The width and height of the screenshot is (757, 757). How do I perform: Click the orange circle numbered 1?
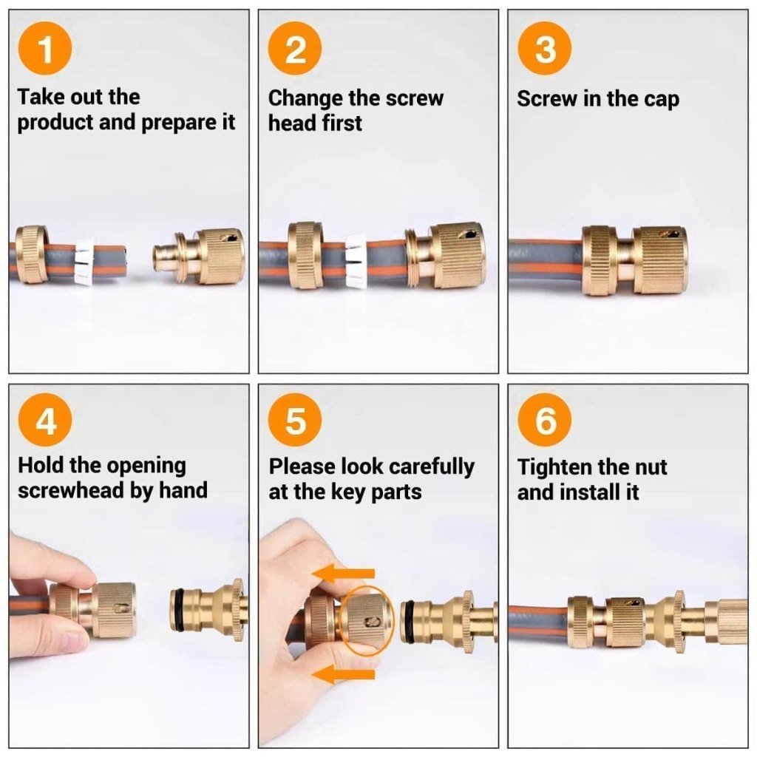pos(45,50)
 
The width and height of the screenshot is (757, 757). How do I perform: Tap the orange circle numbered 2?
pos(295,50)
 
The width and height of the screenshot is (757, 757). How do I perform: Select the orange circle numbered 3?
pos(545,50)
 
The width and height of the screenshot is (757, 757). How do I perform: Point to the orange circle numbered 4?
pos(45,422)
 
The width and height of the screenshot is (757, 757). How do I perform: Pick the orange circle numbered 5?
pos(295,422)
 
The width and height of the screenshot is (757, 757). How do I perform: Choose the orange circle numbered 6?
pos(545,422)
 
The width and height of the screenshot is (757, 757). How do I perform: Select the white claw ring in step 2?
pos(356,261)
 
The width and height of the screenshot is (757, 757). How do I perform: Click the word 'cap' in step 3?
pos(661,99)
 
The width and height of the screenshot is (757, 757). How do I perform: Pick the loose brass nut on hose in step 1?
pos(32,254)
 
